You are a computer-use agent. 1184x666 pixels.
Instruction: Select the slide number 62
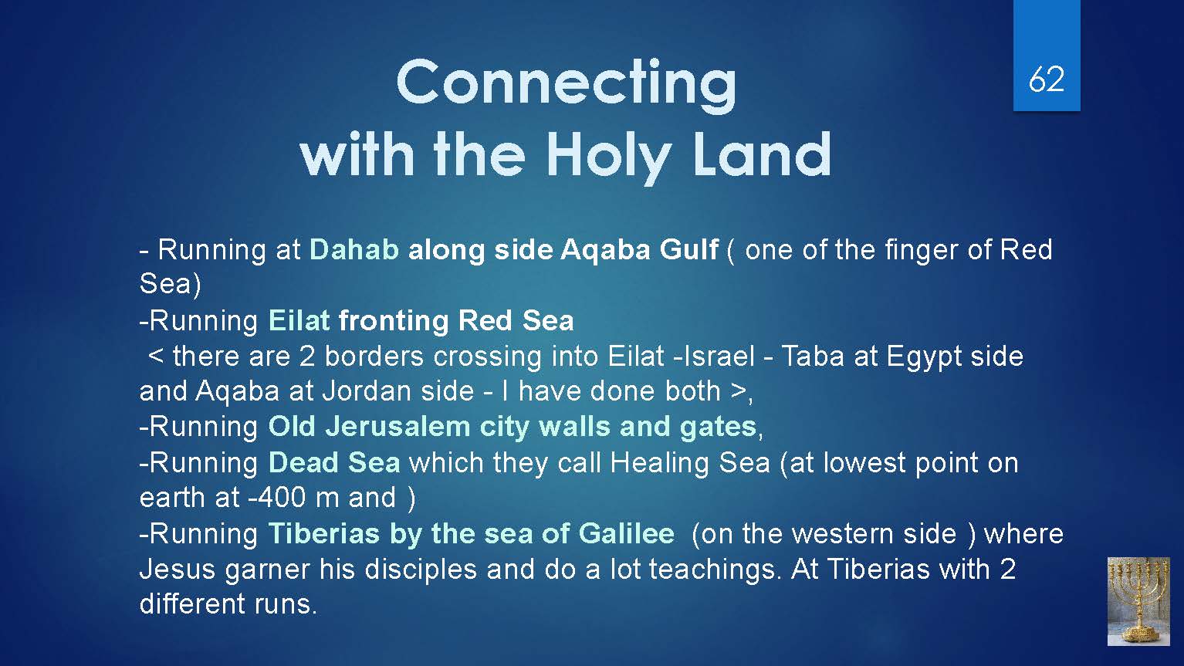[1047, 79]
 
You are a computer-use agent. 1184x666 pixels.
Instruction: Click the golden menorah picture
[1138, 601]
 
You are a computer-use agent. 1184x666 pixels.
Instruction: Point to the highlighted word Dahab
[354, 249]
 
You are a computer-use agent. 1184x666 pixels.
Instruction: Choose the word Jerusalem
[397, 427]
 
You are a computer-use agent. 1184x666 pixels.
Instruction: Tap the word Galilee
[627, 534]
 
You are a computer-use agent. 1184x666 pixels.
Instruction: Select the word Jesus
[177, 570]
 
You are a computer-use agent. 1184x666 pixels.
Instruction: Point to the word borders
[374, 357]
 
